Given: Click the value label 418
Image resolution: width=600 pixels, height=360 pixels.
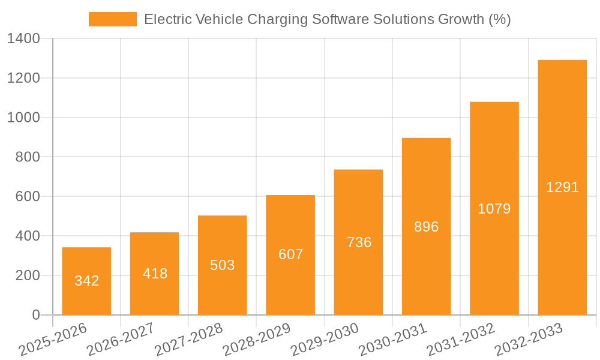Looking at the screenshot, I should pyautogui.click(x=155, y=274).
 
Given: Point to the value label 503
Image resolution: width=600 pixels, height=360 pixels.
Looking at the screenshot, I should pyautogui.click(x=223, y=265).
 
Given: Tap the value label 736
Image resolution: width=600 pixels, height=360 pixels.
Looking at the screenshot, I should pyautogui.click(x=359, y=242).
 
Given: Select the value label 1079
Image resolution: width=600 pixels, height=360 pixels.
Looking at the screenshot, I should pyautogui.click(x=494, y=209).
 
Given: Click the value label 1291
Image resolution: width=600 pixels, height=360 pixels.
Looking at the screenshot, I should pyautogui.click(x=562, y=187).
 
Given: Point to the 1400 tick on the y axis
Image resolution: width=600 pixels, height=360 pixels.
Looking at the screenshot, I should pyautogui.click(x=23, y=39).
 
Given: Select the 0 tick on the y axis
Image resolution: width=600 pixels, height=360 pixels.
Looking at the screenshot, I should pyautogui.click(x=35, y=315).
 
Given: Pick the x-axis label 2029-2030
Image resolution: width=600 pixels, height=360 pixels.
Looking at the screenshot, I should pyautogui.click(x=325, y=340).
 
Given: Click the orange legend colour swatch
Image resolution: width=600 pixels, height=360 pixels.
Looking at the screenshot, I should pyautogui.click(x=112, y=19).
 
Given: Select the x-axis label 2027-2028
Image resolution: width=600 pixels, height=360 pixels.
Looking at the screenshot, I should pyautogui.click(x=189, y=340).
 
